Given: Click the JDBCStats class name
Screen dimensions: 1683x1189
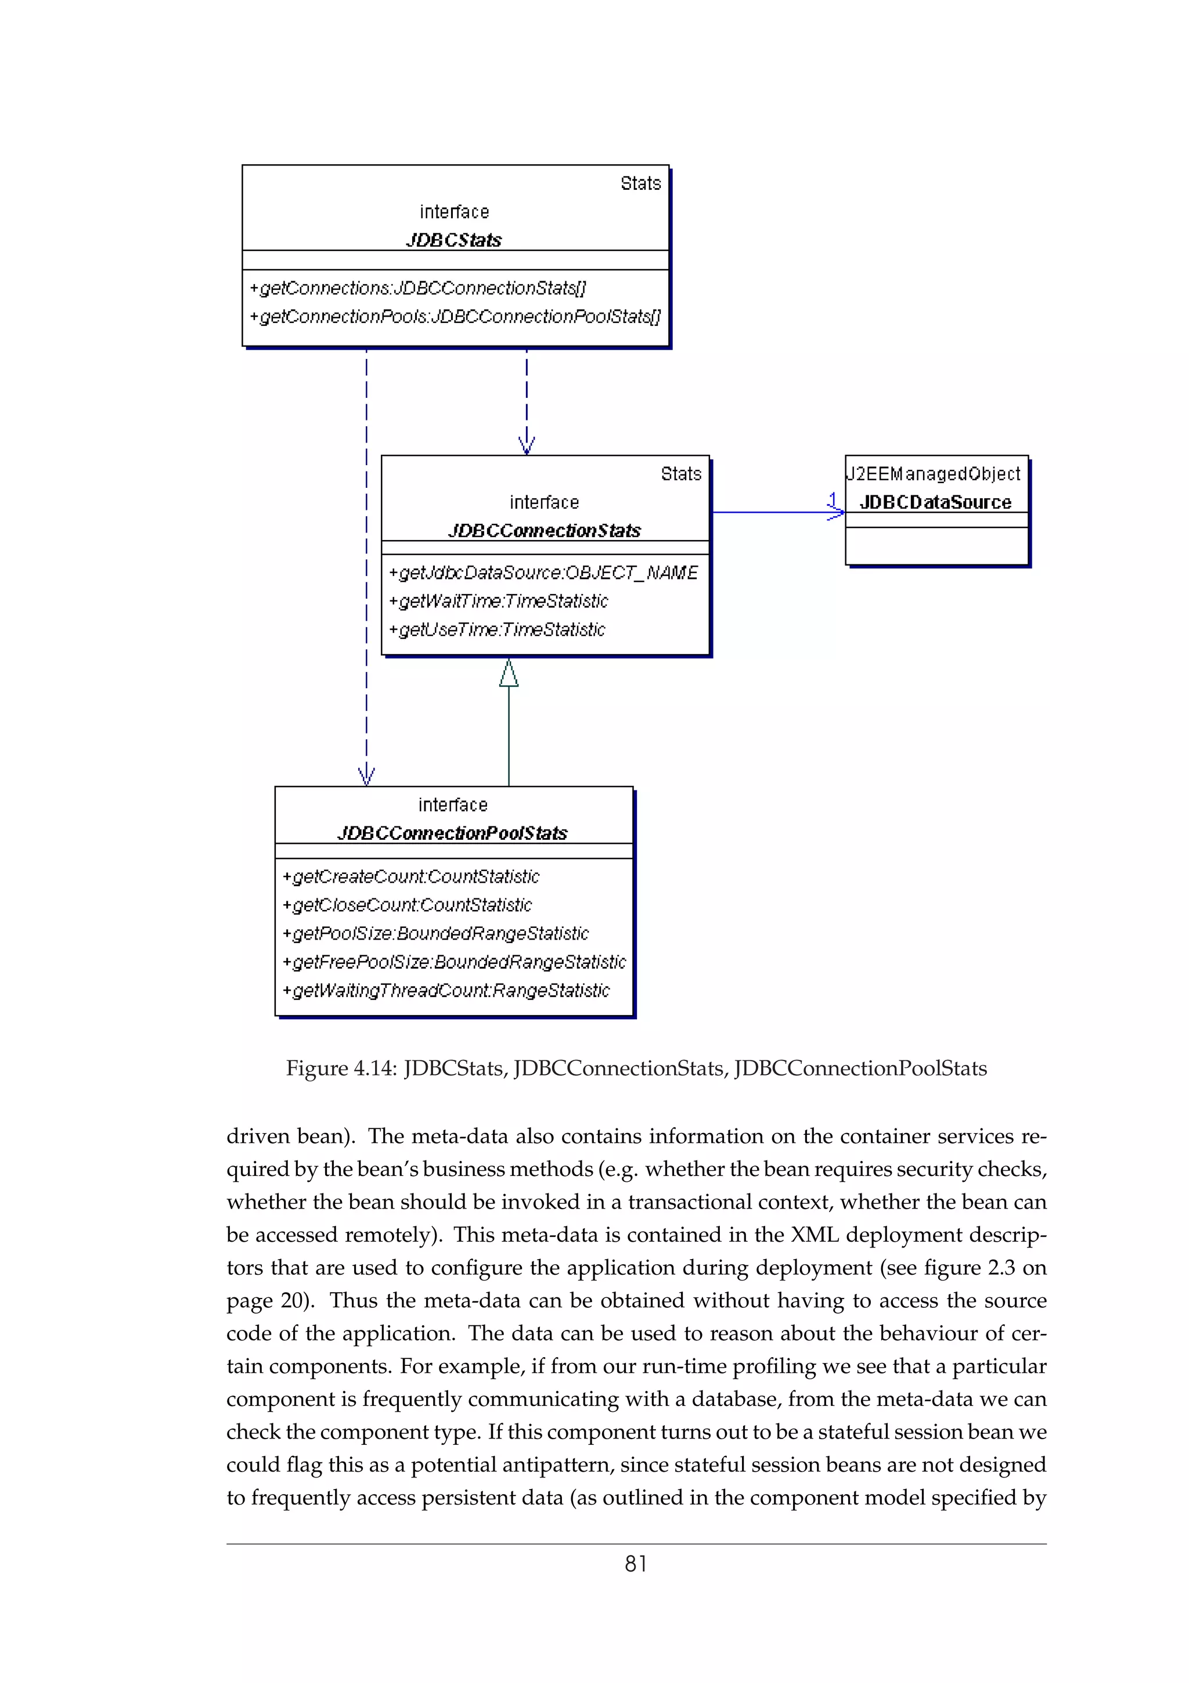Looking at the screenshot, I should click(x=453, y=240).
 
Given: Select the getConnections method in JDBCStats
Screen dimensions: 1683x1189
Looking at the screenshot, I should click(x=417, y=288).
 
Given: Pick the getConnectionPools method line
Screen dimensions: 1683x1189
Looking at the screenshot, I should click(x=454, y=317).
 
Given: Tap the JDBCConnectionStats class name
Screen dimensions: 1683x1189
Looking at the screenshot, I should click(x=545, y=531).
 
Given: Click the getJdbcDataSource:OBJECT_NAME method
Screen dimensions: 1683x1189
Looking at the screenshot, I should click(x=543, y=573).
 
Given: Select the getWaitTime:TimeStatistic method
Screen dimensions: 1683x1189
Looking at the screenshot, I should click(x=498, y=601).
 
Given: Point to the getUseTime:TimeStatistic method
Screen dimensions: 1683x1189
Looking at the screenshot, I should click(x=497, y=630).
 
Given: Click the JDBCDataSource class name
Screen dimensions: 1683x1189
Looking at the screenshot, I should click(x=935, y=502).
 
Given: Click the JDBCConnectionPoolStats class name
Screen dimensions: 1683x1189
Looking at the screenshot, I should click(x=452, y=833).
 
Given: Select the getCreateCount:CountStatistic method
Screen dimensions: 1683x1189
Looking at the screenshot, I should click(x=410, y=877).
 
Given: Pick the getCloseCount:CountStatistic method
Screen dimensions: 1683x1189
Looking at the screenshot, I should click(x=406, y=905).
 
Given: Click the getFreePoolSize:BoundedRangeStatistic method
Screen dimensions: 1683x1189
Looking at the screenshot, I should click(x=454, y=962).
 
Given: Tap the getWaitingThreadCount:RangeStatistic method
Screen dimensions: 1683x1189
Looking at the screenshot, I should click(x=445, y=990).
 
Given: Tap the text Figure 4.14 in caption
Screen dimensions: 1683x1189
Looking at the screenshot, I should click(x=341, y=1068).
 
